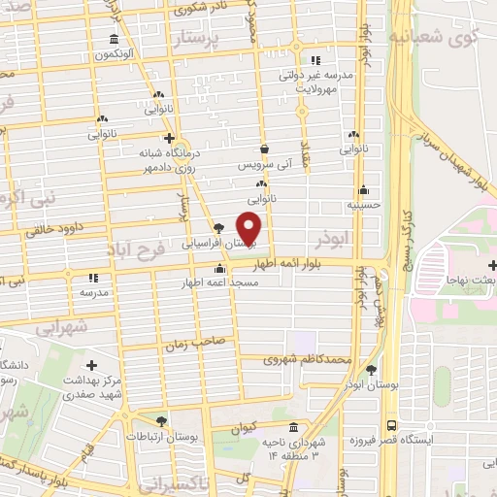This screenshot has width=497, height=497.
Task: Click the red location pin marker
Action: point(250,228)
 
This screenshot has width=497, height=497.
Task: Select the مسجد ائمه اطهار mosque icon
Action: point(221,269)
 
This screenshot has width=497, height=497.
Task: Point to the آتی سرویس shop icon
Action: point(265,150)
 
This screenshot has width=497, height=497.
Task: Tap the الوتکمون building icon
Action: point(115,40)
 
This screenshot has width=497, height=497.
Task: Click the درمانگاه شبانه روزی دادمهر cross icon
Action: point(169,138)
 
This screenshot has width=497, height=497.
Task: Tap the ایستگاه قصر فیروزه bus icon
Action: point(390,425)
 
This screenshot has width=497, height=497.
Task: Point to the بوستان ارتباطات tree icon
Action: point(161,421)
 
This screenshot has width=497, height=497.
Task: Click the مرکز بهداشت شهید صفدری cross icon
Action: point(92,365)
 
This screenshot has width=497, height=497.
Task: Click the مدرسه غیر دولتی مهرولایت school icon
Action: point(315,59)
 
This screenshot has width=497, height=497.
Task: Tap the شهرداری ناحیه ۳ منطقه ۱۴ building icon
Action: point(293,427)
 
